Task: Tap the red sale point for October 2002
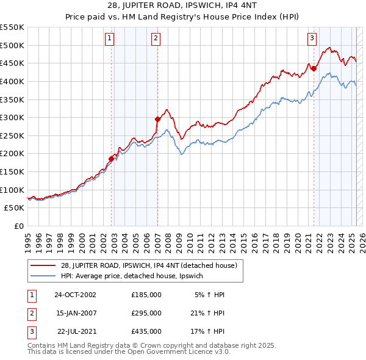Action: click(112, 159)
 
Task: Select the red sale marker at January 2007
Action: click(157, 119)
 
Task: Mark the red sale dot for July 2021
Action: click(314, 68)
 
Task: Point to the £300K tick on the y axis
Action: click(12, 117)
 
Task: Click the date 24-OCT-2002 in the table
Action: click(76, 294)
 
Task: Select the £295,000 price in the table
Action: click(146, 313)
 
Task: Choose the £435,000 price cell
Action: click(146, 331)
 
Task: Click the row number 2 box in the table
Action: click(31, 313)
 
